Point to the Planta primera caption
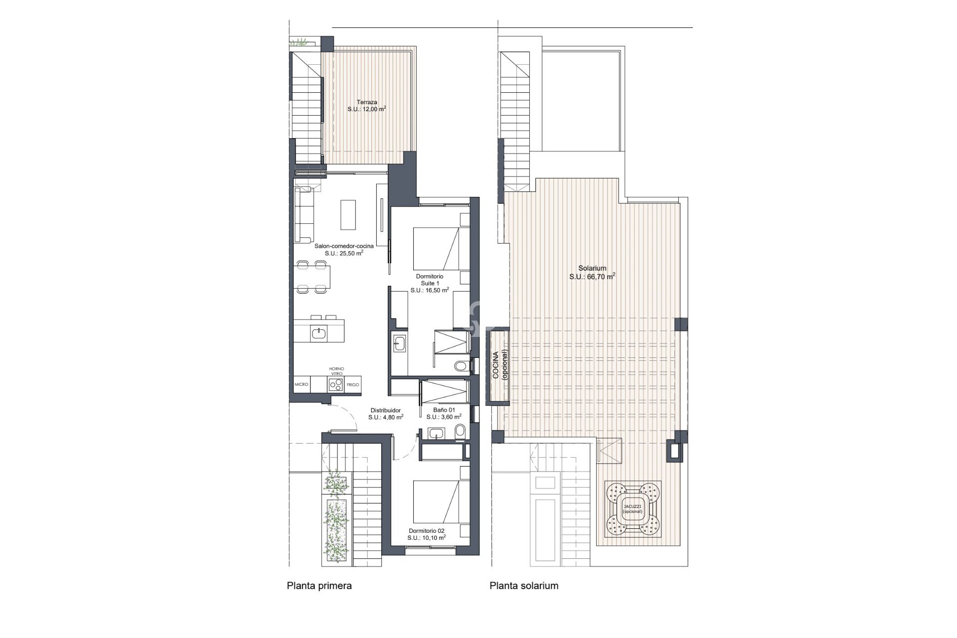pyautogui.click(x=319, y=586)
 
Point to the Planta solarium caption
pyautogui.click(x=524, y=586)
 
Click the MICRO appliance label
pyautogui.click(x=302, y=384)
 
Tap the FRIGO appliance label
pyautogui.click(x=353, y=384)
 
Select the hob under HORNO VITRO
pyautogui.click(x=336, y=384)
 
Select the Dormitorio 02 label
pyautogui.click(x=426, y=531)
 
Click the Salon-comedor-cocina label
pyautogui.click(x=344, y=246)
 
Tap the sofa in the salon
pyautogui.click(x=304, y=214)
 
